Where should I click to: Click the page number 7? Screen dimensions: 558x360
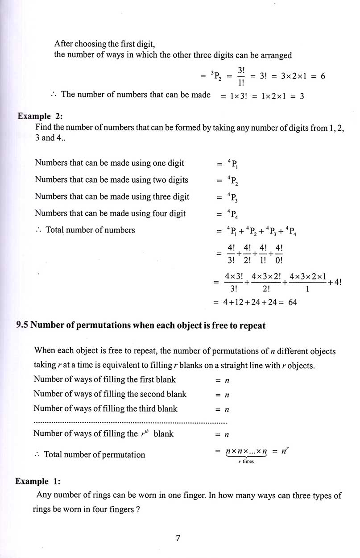tap(178, 538)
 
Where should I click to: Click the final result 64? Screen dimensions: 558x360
tap(293, 302)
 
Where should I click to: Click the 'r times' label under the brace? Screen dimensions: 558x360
tap(246, 462)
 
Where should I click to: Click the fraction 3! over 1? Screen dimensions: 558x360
tap(241, 76)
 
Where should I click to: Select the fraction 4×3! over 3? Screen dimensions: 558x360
tap(234, 283)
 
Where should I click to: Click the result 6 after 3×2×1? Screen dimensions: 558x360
tap(323, 76)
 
